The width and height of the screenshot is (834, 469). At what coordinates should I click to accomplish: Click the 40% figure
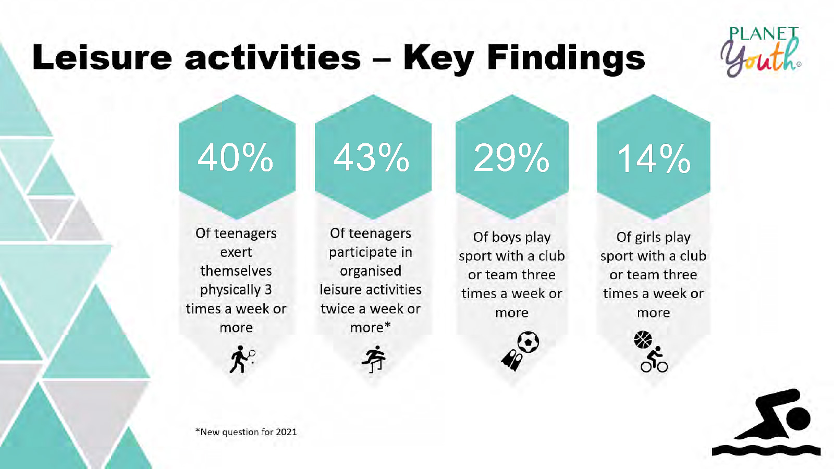[236, 157]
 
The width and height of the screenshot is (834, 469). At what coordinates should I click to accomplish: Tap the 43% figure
[372, 157]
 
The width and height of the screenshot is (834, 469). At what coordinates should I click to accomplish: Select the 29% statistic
[511, 157]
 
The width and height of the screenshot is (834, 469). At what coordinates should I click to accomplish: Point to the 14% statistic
[654, 158]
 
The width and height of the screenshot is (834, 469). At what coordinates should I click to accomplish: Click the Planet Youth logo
[762, 52]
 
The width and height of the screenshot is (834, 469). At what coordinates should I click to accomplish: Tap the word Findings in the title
[566, 58]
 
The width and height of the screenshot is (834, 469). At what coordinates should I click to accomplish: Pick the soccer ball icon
[528, 342]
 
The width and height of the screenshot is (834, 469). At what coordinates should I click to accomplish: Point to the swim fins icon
[511, 360]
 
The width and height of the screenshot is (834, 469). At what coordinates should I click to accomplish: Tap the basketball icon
[643, 340]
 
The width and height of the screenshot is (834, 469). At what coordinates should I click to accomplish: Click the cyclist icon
[654, 361]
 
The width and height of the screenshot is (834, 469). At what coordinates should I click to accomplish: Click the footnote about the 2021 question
[246, 432]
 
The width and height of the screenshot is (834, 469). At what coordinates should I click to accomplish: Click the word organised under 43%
[371, 271]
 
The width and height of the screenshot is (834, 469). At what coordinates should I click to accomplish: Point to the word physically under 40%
[230, 290]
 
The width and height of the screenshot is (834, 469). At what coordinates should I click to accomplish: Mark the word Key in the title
[438, 58]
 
